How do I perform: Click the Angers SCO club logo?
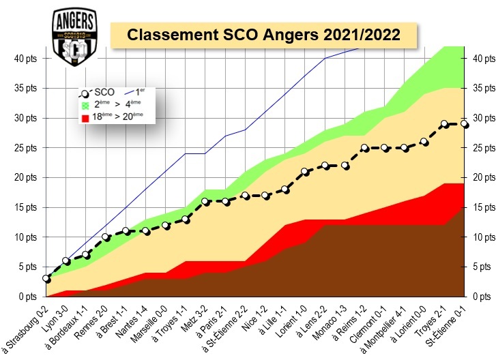pyautogui.click(x=74, y=38)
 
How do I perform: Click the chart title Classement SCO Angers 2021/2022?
pyautogui.click(x=264, y=34)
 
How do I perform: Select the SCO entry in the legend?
pyautogui.click(x=100, y=92)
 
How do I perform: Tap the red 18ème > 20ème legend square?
pyautogui.click(x=85, y=117)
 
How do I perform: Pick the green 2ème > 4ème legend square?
pyautogui.click(x=85, y=105)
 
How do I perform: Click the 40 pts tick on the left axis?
pyautogui.click(x=27, y=58)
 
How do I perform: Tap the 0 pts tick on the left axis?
pyautogui.click(x=29, y=297)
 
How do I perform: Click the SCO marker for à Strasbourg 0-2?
pyautogui.click(x=46, y=279)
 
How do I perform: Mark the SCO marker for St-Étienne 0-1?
pyautogui.click(x=464, y=124)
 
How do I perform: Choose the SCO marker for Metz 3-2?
pyautogui.click(x=205, y=202)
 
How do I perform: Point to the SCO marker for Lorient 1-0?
pyautogui.click(x=305, y=172)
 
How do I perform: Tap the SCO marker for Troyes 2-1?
pyautogui.click(x=444, y=124)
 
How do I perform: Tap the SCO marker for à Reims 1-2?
pyautogui.click(x=364, y=148)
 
